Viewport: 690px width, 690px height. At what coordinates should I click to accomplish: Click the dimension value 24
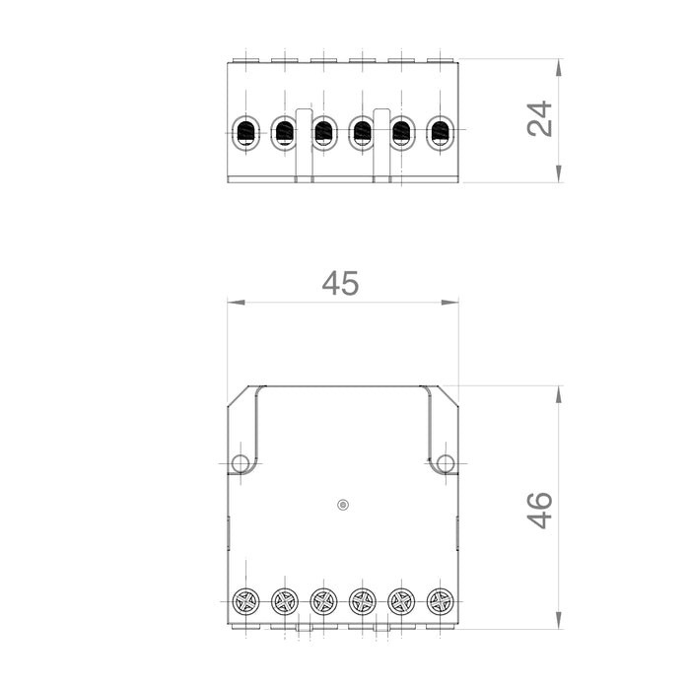pos(540,118)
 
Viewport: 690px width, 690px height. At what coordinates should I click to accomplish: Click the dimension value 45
pos(341,284)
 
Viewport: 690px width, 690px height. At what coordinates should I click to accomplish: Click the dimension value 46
pos(540,510)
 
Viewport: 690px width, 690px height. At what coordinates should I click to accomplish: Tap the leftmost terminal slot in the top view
pos(245,132)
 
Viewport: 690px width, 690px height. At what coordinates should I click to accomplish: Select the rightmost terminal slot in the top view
pos(440,132)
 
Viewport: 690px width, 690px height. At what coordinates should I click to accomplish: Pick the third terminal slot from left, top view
pos(323,132)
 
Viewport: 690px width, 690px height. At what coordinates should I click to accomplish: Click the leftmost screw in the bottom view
pos(245,600)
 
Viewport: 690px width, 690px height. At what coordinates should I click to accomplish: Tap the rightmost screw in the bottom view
pos(440,600)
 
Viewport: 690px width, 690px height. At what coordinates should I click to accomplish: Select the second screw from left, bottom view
pos(285,600)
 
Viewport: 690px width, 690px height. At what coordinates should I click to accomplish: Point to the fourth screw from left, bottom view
pos(362,600)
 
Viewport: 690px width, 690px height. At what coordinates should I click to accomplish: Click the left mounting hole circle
pos(240,463)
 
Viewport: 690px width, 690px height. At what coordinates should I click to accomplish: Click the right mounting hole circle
pos(446,463)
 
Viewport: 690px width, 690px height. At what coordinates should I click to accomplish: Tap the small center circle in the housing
pos(343,505)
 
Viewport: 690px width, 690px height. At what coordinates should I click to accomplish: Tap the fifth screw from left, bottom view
pos(401,600)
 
